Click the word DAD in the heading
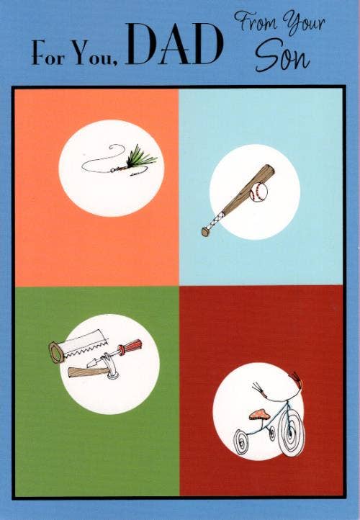174,44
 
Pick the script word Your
304,22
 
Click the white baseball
258,192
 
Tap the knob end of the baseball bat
205,232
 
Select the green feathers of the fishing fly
141,156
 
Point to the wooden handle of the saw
56,352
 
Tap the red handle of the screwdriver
131,346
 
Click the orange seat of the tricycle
259,414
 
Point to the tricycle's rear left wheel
243,441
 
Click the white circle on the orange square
112,168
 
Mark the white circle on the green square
110,364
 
